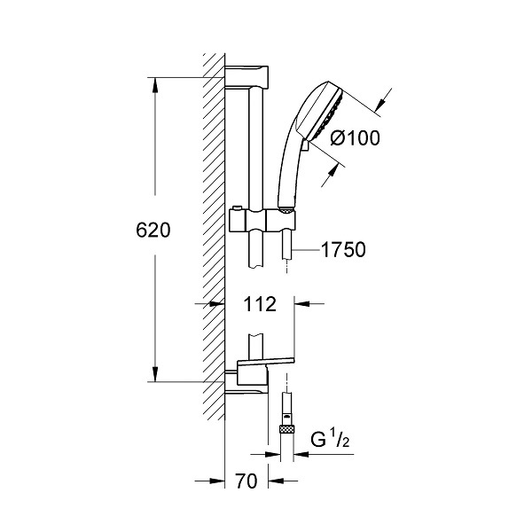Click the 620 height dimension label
(153, 231)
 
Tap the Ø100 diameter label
(356, 138)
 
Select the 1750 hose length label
(343, 250)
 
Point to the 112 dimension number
(260, 304)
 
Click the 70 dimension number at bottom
(246, 481)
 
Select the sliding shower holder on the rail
(262, 221)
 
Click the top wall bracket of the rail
(246, 76)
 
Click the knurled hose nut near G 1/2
(287, 429)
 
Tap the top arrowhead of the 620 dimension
(155, 85)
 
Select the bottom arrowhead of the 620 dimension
(155, 374)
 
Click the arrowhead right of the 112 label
(301, 303)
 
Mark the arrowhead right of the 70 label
(276, 481)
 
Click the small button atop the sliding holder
(236, 207)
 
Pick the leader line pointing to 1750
(307, 250)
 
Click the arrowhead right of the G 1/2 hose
(301, 454)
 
